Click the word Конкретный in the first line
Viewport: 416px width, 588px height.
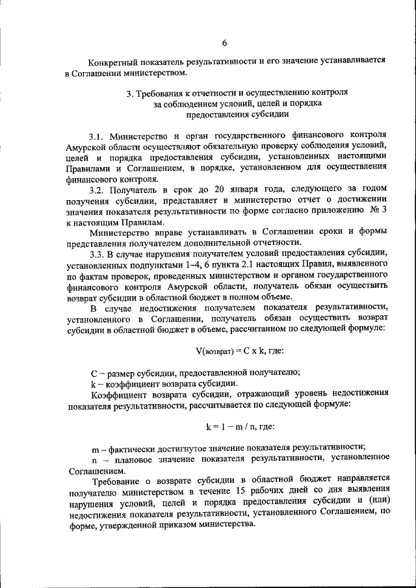(112, 62)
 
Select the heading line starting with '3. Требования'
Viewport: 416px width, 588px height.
(237, 93)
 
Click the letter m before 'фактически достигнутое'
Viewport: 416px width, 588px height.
(95, 446)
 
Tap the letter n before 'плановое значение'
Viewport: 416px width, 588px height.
(94, 457)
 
